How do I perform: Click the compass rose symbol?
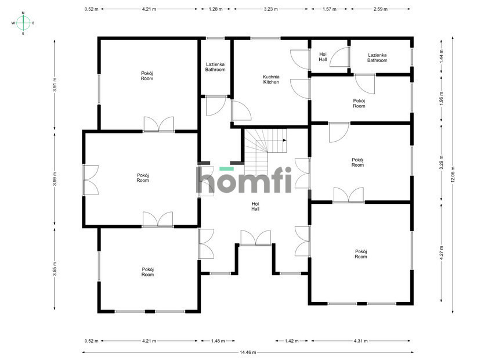[23, 23]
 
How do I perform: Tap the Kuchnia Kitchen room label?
[271, 79]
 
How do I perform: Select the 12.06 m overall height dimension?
[453, 175]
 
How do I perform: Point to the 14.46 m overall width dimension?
[248, 352]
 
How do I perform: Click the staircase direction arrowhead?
[285, 140]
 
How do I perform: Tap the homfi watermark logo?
[244, 180]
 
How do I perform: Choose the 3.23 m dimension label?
[271, 9]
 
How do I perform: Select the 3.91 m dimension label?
[55, 85]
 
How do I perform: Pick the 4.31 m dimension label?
[360, 341]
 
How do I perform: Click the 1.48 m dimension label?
[218, 341]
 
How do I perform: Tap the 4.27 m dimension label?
[442, 253]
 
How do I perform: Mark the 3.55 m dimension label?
[55, 269]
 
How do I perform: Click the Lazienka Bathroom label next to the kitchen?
[215, 67]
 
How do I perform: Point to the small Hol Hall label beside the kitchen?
[323, 57]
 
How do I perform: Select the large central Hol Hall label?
[255, 206]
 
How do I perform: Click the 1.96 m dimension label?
[442, 98]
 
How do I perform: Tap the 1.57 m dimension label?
[329, 9]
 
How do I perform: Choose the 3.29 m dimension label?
[442, 163]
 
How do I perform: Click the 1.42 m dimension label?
[292, 341]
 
